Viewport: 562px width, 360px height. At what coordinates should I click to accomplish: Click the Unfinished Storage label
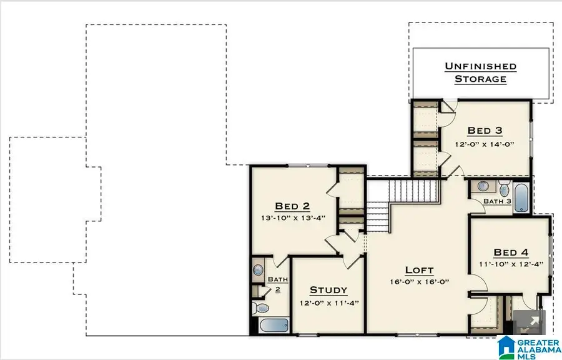[480, 72]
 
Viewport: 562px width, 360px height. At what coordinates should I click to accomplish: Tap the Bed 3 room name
[485, 131]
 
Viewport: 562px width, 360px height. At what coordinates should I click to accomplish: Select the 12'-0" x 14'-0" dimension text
[485, 144]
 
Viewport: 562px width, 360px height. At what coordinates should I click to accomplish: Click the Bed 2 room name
[292, 206]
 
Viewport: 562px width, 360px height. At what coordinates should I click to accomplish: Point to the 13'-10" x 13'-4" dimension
[292, 219]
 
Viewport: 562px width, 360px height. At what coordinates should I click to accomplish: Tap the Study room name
[328, 290]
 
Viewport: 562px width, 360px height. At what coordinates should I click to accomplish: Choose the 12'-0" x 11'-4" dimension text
[328, 303]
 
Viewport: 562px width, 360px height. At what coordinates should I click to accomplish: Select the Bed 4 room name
[511, 252]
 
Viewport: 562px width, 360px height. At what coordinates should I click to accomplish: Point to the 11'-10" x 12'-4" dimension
[511, 264]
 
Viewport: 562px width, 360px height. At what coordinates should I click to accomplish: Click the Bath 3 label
[498, 201]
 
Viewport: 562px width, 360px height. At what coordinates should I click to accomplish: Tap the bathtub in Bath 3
[522, 197]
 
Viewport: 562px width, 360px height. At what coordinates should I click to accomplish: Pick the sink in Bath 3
[483, 186]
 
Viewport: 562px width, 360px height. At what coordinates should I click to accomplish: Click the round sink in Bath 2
[258, 270]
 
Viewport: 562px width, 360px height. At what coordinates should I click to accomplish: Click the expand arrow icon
[534, 322]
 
